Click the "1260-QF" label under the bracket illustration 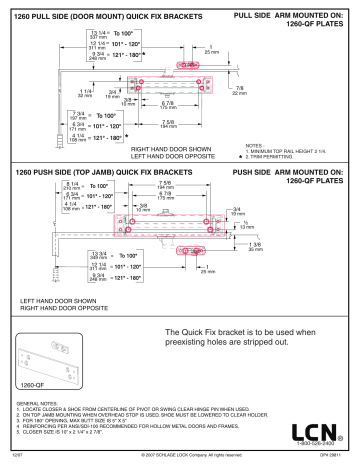point(32,384)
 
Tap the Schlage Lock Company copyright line point(180,458)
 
